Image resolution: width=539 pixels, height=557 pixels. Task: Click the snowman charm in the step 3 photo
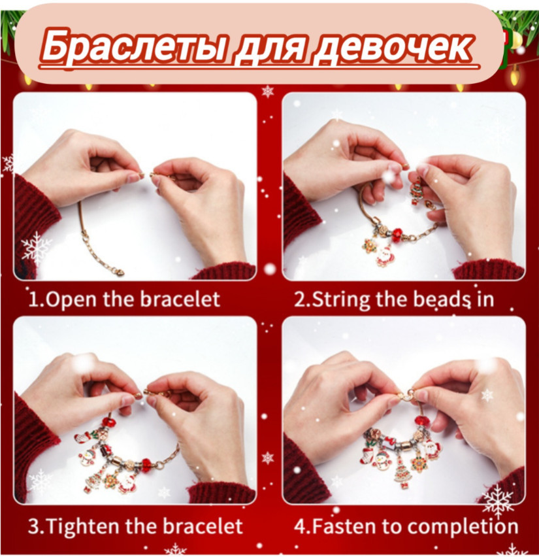[86, 457]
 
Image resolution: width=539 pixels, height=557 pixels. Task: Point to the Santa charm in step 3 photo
[125, 481]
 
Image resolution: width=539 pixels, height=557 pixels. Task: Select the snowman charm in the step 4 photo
[382, 460]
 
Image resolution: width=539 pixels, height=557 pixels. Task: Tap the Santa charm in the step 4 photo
[432, 448]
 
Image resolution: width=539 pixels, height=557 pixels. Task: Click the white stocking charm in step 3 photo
[82, 437]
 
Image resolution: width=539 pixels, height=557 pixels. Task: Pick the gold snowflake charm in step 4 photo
[419, 464]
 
